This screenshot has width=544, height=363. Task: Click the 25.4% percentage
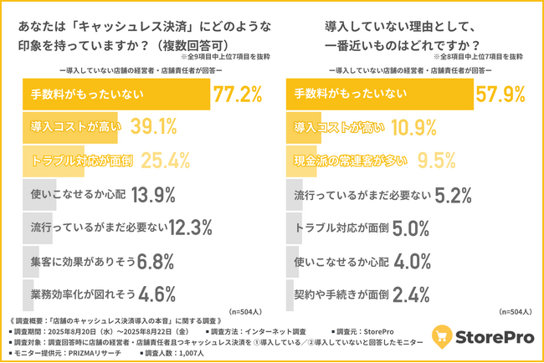click(x=169, y=161)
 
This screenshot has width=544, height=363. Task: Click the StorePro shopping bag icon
click(x=442, y=338)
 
